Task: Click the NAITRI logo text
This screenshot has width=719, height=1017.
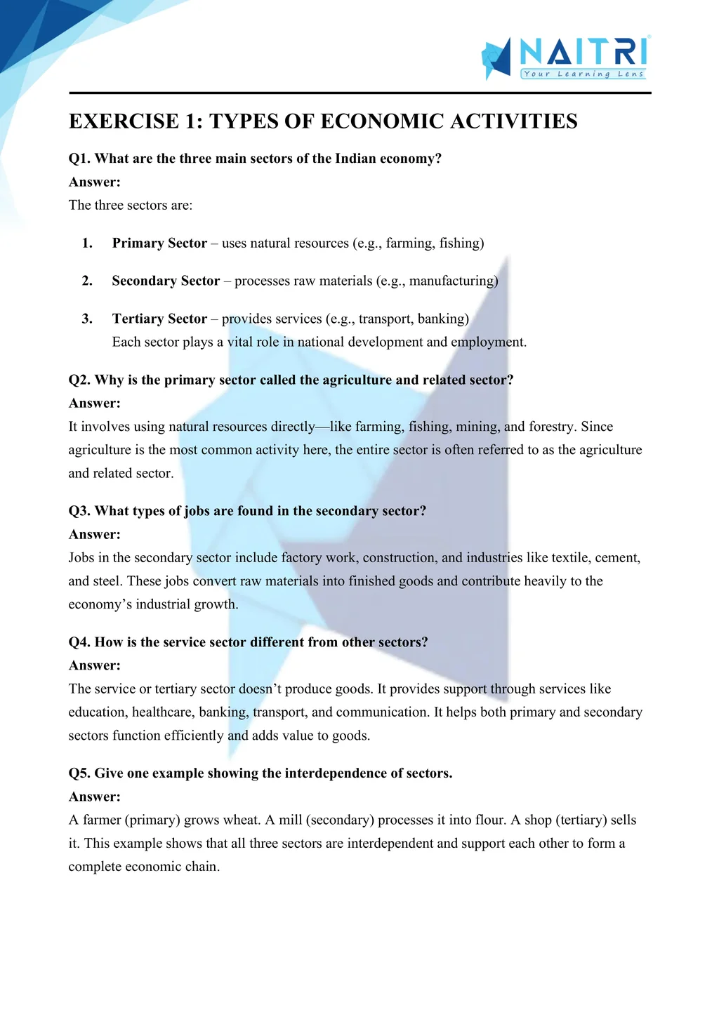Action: [x=583, y=52]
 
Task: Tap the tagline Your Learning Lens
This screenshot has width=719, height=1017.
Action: [x=583, y=74]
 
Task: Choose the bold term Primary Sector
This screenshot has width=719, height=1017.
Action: [x=159, y=244]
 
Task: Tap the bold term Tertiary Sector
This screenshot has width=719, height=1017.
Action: [x=159, y=319]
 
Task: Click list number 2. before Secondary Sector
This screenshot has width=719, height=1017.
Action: [x=87, y=281]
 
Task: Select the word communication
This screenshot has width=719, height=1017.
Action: [x=381, y=712]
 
